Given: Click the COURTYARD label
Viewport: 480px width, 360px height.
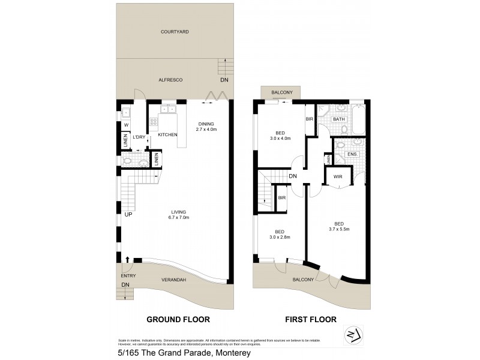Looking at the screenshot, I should click(x=175, y=31).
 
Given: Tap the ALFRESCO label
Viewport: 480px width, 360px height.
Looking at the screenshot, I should click(x=170, y=80).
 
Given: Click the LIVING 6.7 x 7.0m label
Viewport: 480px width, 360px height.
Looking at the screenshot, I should click(x=178, y=214).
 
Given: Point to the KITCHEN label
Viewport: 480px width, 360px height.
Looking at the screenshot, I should click(x=167, y=135).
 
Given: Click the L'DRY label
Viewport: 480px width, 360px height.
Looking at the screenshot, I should click(x=139, y=137).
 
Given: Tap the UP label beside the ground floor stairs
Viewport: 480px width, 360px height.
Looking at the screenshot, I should click(x=128, y=214).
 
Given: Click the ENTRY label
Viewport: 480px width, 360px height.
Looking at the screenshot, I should click(x=128, y=275).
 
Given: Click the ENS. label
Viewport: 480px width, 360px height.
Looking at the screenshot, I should click(x=353, y=154).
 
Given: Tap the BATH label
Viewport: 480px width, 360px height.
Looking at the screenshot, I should click(x=339, y=119).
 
